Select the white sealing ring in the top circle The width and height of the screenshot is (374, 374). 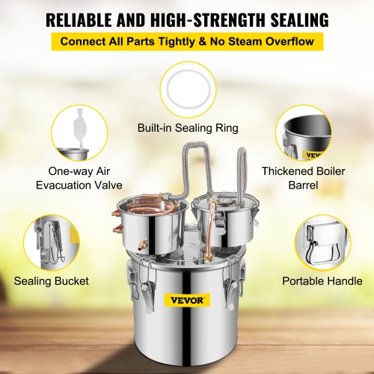tap(187, 88)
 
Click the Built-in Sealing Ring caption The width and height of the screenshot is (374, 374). tap(187, 128)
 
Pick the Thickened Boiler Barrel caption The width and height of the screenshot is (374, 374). tap(302, 179)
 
